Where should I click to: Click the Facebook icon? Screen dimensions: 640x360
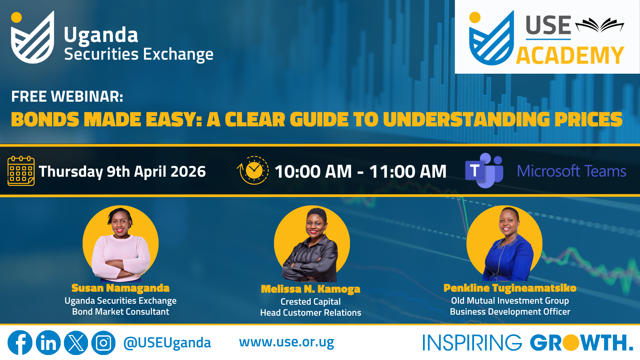[x=20, y=343]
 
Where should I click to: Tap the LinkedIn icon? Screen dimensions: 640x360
[x=48, y=343]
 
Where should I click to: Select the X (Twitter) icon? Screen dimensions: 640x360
[x=76, y=343]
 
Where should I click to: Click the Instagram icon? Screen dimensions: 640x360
[x=103, y=343]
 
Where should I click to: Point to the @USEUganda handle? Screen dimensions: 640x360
[x=167, y=343]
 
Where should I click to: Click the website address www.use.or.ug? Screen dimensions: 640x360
[x=287, y=342]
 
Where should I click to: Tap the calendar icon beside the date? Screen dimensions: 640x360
[x=21, y=171]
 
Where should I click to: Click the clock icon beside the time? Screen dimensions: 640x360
[x=253, y=170]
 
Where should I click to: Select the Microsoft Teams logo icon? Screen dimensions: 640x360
[x=484, y=170]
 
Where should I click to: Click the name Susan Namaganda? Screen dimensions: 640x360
[x=120, y=288]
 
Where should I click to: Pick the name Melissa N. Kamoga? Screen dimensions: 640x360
[x=311, y=289]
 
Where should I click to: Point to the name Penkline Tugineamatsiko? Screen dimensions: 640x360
[x=510, y=288]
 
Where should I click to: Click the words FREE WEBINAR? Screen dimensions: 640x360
[x=67, y=97]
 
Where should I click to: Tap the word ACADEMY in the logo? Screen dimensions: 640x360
[x=570, y=55]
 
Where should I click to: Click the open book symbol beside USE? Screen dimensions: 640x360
[x=600, y=25]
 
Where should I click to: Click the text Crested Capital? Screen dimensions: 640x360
[x=311, y=302]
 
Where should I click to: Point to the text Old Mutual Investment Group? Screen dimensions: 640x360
[x=510, y=301]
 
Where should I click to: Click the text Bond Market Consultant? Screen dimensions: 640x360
[x=121, y=312]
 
